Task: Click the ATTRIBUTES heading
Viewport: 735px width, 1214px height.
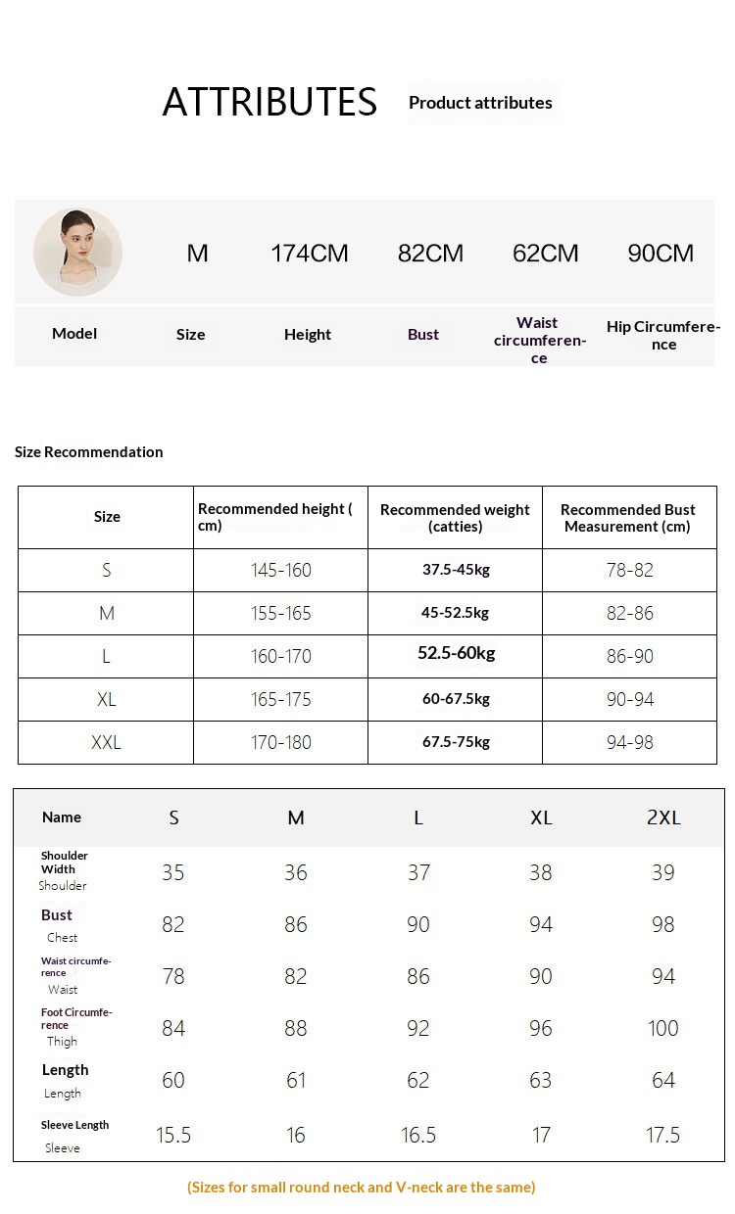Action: pyautogui.click(x=269, y=102)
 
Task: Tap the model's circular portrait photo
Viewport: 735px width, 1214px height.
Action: pyautogui.click(x=77, y=252)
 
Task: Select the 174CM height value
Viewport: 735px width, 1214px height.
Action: pyautogui.click(x=310, y=254)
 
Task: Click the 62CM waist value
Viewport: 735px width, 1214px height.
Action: pyautogui.click(x=546, y=254)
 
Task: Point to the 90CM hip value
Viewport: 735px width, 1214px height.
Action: pyautogui.click(x=661, y=254)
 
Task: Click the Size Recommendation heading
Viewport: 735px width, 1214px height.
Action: pyautogui.click(x=89, y=451)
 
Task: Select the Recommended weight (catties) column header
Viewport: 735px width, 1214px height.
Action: pyautogui.click(x=455, y=518)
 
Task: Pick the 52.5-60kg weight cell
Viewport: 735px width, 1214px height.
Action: pyautogui.click(x=457, y=653)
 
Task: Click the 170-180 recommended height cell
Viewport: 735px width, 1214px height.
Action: pyautogui.click(x=281, y=742)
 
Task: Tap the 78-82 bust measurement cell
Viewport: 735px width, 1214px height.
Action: pyautogui.click(x=630, y=570)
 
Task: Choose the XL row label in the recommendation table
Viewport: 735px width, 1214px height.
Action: pyautogui.click(x=106, y=699)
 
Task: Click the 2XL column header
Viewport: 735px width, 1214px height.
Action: pyautogui.click(x=663, y=817)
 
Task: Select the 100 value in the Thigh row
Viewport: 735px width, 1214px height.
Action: pyautogui.click(x=663, y=1028)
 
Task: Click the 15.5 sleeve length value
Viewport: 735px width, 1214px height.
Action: pyautogui.click(x=173, y=1135)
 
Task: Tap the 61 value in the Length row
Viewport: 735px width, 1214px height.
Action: pyautogui.click(x=296, y=1080)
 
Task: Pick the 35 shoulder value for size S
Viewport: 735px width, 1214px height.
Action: pyautogui.click(x=173, y=872)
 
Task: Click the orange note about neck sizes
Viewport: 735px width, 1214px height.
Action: pyautogui.click(x=362, y=1188)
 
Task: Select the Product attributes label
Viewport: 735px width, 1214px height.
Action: pyautogui.click(x=480, y=103)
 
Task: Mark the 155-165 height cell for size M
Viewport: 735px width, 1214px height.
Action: pyautogui.click(x=281, y=613)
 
